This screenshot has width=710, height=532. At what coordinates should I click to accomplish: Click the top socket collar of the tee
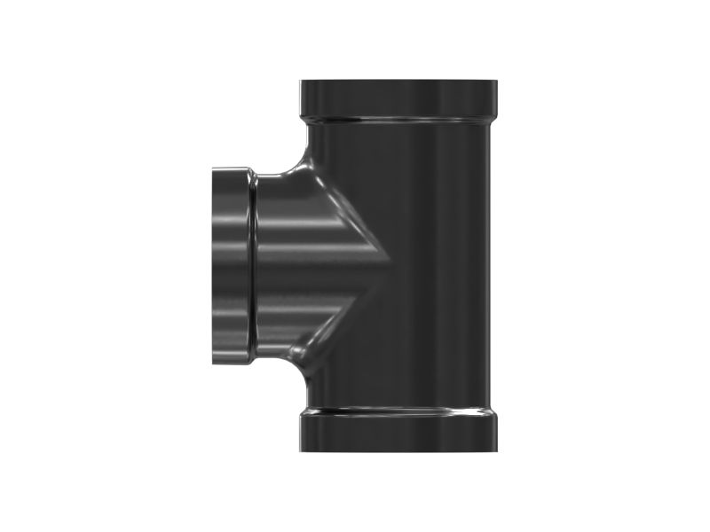pyautogui.click(x=398, y=98)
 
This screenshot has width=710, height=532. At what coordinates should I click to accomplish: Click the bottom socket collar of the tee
pyautogui.click(x=398, y=431)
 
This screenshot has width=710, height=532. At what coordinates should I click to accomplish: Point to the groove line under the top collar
pyautogui.click(x=398, y=117)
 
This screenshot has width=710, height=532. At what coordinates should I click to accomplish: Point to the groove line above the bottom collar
pyautogui.click(x=398, y=411)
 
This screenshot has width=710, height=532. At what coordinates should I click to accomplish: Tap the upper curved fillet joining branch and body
pyautogui.click(x=304, y=160)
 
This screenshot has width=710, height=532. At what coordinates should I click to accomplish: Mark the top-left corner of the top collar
pyautogui.click(x=301, y=82)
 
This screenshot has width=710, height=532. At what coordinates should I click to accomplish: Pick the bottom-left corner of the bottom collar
pyautogui.click(x=301, y=449)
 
